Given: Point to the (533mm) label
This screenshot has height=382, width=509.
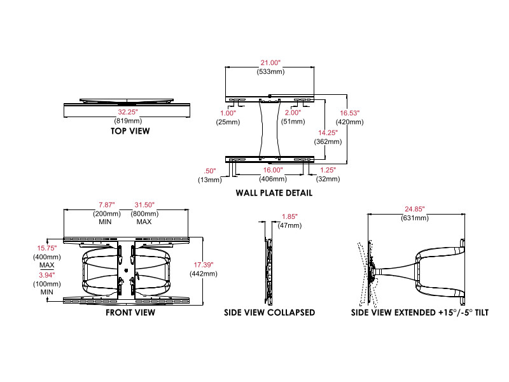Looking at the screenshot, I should coord(270,71).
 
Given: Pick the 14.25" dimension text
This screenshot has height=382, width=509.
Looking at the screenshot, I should coord(328,132).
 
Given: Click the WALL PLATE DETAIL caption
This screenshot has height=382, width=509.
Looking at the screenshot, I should coord(274,193).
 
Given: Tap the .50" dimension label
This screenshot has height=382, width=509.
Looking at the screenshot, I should coord(209,171).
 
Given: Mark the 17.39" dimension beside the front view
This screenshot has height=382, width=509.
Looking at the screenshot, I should coord(203,264).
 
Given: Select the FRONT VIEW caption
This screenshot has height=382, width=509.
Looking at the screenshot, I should coord(130,313).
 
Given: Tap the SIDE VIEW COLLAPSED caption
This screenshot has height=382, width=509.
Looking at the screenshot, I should coord(270,313).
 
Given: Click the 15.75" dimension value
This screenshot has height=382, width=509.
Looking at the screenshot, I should coord(47,248).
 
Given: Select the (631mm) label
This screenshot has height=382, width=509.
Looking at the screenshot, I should coord(414,218).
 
